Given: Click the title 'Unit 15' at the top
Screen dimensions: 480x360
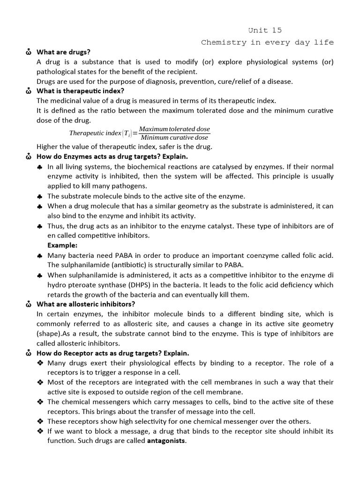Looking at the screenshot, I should pyautogui.click(x=265, y=30).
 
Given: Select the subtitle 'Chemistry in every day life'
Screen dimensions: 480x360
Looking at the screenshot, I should pyautogui.click(x=267, y=42).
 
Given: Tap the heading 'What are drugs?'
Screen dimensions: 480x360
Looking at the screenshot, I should pyautogui.click(x=63, y=52).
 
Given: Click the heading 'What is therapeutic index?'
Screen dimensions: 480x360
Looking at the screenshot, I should pyautogui.click(x=80, y=91).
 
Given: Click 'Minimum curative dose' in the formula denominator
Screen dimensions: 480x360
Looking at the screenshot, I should pyautogui.click(x=174, y=137).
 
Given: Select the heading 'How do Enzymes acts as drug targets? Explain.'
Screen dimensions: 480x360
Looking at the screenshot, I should pyautogui.click(x=112, y=157).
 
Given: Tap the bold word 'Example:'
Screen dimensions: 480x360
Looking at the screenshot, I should pyautogui.click(x=62, y=245).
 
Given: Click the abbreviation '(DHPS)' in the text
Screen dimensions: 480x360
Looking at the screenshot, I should pyautogui.click(x=140, y=285).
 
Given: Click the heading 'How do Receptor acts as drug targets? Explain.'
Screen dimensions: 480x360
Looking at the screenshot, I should pyautogui.click(x=113, y=353).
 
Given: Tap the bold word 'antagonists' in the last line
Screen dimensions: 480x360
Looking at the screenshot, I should pyautogui.click(x=166, y=441).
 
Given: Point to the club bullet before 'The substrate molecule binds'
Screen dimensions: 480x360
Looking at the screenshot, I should pyautogui.click(x=40, y=196).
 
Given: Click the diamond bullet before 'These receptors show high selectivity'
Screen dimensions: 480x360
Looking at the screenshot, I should pyautogui.click(x=40, y=421).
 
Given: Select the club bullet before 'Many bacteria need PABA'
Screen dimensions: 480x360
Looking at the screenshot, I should pyautogui.click(x=40, y=255).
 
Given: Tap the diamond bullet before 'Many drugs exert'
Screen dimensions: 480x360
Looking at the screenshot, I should pyautogui.click(x=40, y=363).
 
